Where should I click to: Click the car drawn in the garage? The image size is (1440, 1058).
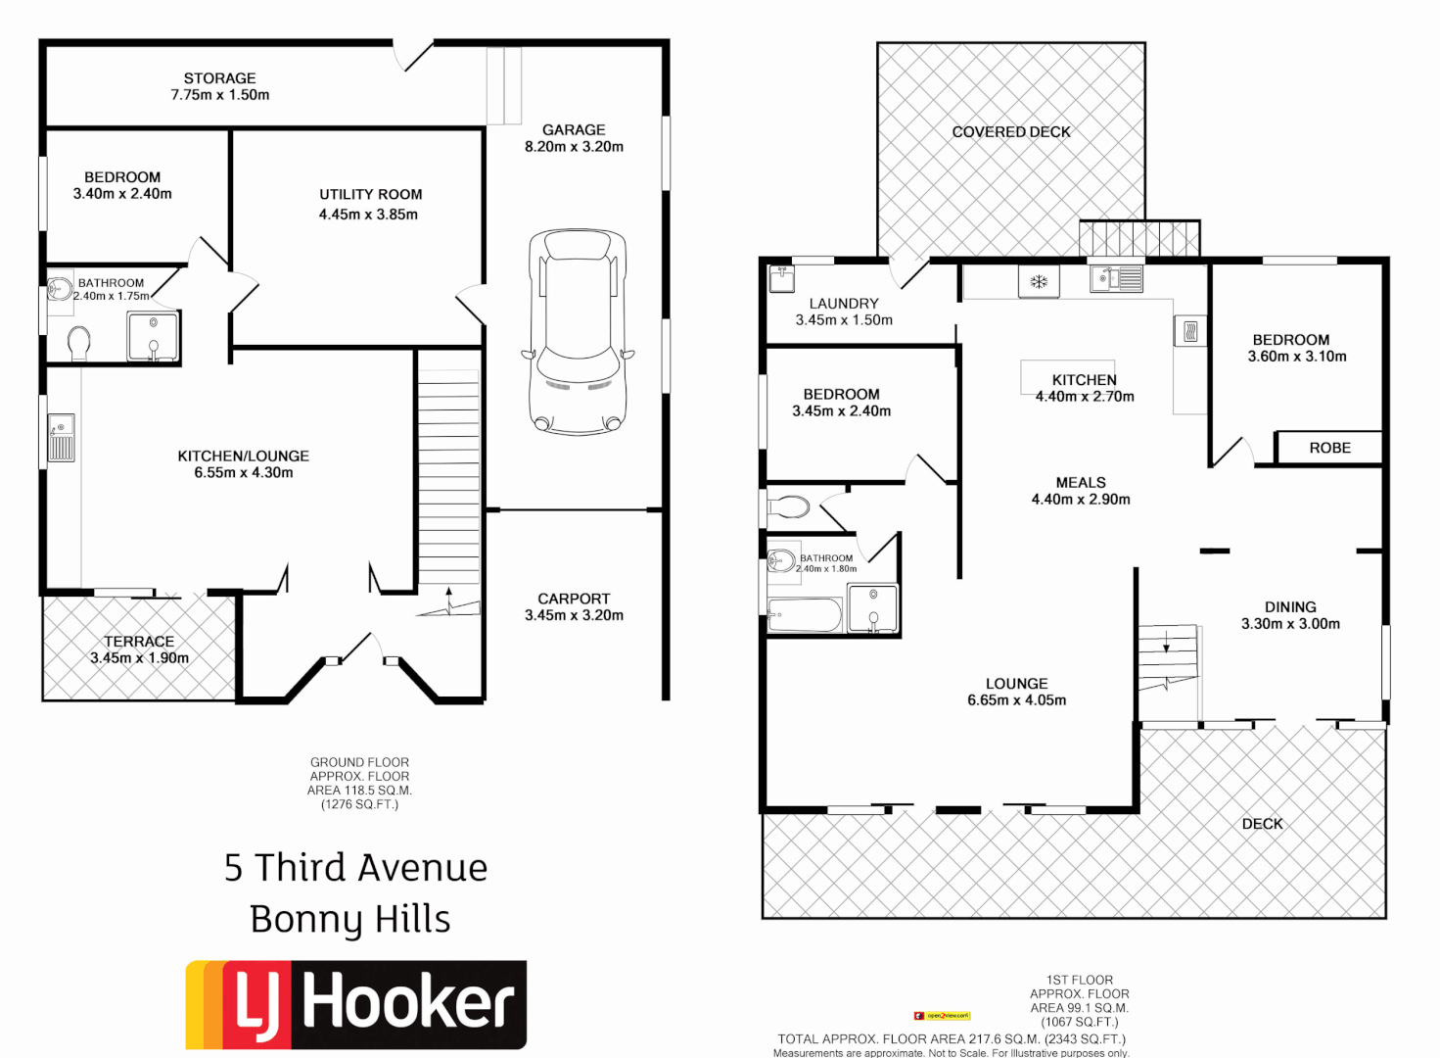[x=577, y=331]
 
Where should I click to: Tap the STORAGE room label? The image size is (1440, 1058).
[x=219, y=78]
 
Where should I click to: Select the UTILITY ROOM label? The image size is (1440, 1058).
[x=370, y=195]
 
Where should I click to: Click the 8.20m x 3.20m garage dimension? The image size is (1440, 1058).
[x=574, y=147]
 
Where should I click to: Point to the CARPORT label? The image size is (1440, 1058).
[x=574, y=599]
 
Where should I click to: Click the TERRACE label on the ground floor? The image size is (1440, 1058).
[x=139, y=642]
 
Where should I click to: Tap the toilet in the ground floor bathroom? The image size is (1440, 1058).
[x=79, y=343]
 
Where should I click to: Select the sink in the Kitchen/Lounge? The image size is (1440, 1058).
[x=61, y=437]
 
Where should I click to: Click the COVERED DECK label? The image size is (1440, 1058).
[x=1011, y=132]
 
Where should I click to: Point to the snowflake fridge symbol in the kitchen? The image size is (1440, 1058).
[x=1039, y=282]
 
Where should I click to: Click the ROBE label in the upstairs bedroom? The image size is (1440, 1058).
[x=1329, y=448]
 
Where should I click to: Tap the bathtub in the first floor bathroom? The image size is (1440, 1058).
[x=805, y=616]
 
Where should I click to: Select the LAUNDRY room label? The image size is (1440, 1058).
[x=843, y=304]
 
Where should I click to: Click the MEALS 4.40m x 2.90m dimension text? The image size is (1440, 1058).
[x=1081, y=500]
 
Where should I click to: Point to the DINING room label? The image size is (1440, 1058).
[x=1290, y=607]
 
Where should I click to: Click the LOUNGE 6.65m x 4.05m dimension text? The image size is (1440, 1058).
[x=1016, y=700]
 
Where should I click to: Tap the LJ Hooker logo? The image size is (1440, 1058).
[x=356, y=1004]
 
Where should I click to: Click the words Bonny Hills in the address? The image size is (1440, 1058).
[x=350, y=920]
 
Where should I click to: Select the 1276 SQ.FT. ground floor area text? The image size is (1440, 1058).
[x=359, y=804]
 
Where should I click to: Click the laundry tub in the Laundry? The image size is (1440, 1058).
[x=780, y=278]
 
